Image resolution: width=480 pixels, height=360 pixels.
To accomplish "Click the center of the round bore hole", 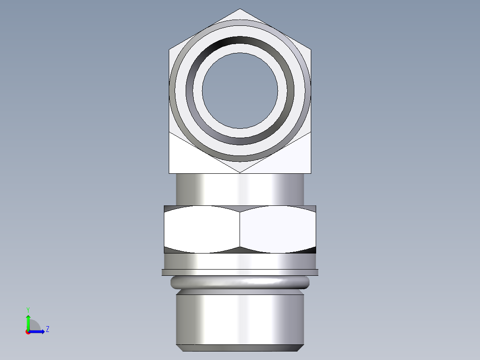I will click(x=240, y=91).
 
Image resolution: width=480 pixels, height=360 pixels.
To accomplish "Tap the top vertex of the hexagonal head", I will click(x=240, y=9).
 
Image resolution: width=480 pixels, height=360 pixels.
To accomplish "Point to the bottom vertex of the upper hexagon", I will click(x=240, y=172).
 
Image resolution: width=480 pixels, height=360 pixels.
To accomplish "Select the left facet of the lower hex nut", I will click(x=202, y=229).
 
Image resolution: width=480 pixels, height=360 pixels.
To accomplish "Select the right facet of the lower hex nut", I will click(x=278, y=229).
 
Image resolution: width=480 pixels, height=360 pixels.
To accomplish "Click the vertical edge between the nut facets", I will click(x=240, y=229).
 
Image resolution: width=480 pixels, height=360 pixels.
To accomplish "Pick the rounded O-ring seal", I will click(x=240, y=282).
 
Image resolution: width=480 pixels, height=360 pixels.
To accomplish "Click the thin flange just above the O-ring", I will click(x=240, y=272).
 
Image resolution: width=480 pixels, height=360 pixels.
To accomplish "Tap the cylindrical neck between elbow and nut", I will click(x=240, y=189).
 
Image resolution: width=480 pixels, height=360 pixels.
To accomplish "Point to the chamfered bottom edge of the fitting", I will click(x=240, y=348).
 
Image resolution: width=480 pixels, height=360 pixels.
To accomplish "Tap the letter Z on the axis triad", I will click(x=47, y=329).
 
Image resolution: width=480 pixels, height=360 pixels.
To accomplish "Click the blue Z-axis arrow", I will click(x=38, y=331).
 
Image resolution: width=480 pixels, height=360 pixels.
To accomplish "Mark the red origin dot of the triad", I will click(x=28, y=332).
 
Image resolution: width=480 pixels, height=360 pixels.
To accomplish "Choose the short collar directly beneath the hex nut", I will click(x=240, y=261).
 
